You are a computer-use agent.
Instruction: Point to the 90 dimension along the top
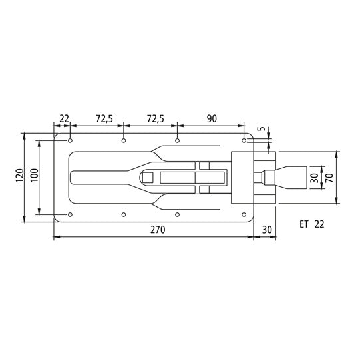tap(212, 119)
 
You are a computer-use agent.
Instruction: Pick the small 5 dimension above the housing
tap(262, 131)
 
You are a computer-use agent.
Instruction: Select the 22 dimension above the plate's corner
tap(65, 119)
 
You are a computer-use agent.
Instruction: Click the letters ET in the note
tap(304, 224)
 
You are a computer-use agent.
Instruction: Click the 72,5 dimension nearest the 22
tap(104, 119)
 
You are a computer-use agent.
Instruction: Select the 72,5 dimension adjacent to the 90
tap(157, 119)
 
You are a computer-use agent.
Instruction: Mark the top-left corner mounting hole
tap(71, 140)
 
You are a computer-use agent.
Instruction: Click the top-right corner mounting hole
tap(244, 140)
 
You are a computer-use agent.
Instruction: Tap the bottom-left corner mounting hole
tap(71, 214)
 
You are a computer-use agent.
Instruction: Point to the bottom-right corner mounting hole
tap(244, 214)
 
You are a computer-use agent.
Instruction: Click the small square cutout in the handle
tap(148, 177)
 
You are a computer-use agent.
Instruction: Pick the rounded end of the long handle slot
tap(74, 177)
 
